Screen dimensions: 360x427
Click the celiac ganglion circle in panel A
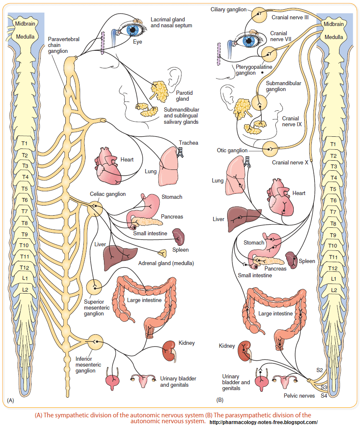click(x=95, y=209)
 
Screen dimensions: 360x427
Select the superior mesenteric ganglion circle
click(x=94, y=287)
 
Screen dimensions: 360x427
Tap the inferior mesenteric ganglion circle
click(x=96, y=342)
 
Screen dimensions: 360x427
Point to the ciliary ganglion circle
click(x=259, y=15)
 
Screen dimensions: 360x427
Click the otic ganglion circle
click(x=270, y=149)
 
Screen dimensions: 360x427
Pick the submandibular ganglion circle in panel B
click(x=259, y=103)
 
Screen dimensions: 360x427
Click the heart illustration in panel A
click(x=108, y=166)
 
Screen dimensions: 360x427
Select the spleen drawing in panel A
click(x=179, y=237)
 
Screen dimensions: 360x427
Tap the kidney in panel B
click(x=245, y=351)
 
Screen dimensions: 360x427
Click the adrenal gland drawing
click(x=163, y=253)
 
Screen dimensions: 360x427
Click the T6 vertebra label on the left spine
click(x=25, y=200)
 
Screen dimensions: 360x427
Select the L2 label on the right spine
click(x=334, y=290)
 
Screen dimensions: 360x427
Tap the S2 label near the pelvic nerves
click(x=319, y=370)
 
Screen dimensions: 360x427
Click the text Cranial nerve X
click(x=290, y=163)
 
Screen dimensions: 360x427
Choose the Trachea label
click(x=189, y=143)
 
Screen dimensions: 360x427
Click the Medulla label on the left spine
click(x=25, y=36)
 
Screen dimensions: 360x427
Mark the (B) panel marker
click(x=220, y=400)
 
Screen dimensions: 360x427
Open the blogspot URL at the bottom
click(x=264, y=422)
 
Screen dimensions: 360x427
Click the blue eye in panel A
click(x=133, y=29)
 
